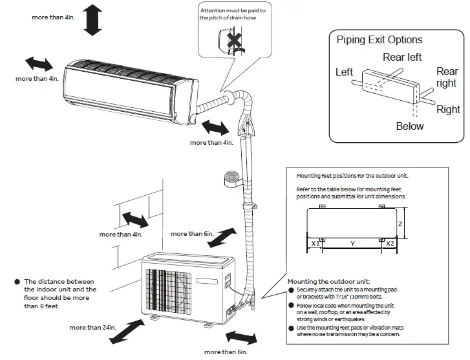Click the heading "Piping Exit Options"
click(x=379, y=40)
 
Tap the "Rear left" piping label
click(x=402, y=58)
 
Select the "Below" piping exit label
click(x=410, y=127)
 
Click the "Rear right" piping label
click(x=447, y=78)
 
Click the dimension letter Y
click(x=352, y=244)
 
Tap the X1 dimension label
click(x=315, y=244)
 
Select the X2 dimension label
click(x=390, y=244)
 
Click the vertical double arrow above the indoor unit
click(x=93, y=18)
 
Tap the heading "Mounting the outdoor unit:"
click(x=328, y=282)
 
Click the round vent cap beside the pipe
click(x=231, y=178)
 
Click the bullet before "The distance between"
click(x=16, y=282)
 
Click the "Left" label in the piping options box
click(x=344, y=72)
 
